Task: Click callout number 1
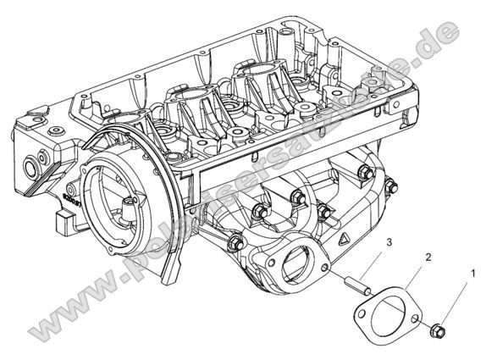472,273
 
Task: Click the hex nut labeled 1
438,328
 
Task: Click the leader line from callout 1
456,300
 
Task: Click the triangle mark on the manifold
343,241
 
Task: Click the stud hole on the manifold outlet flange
325,269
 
